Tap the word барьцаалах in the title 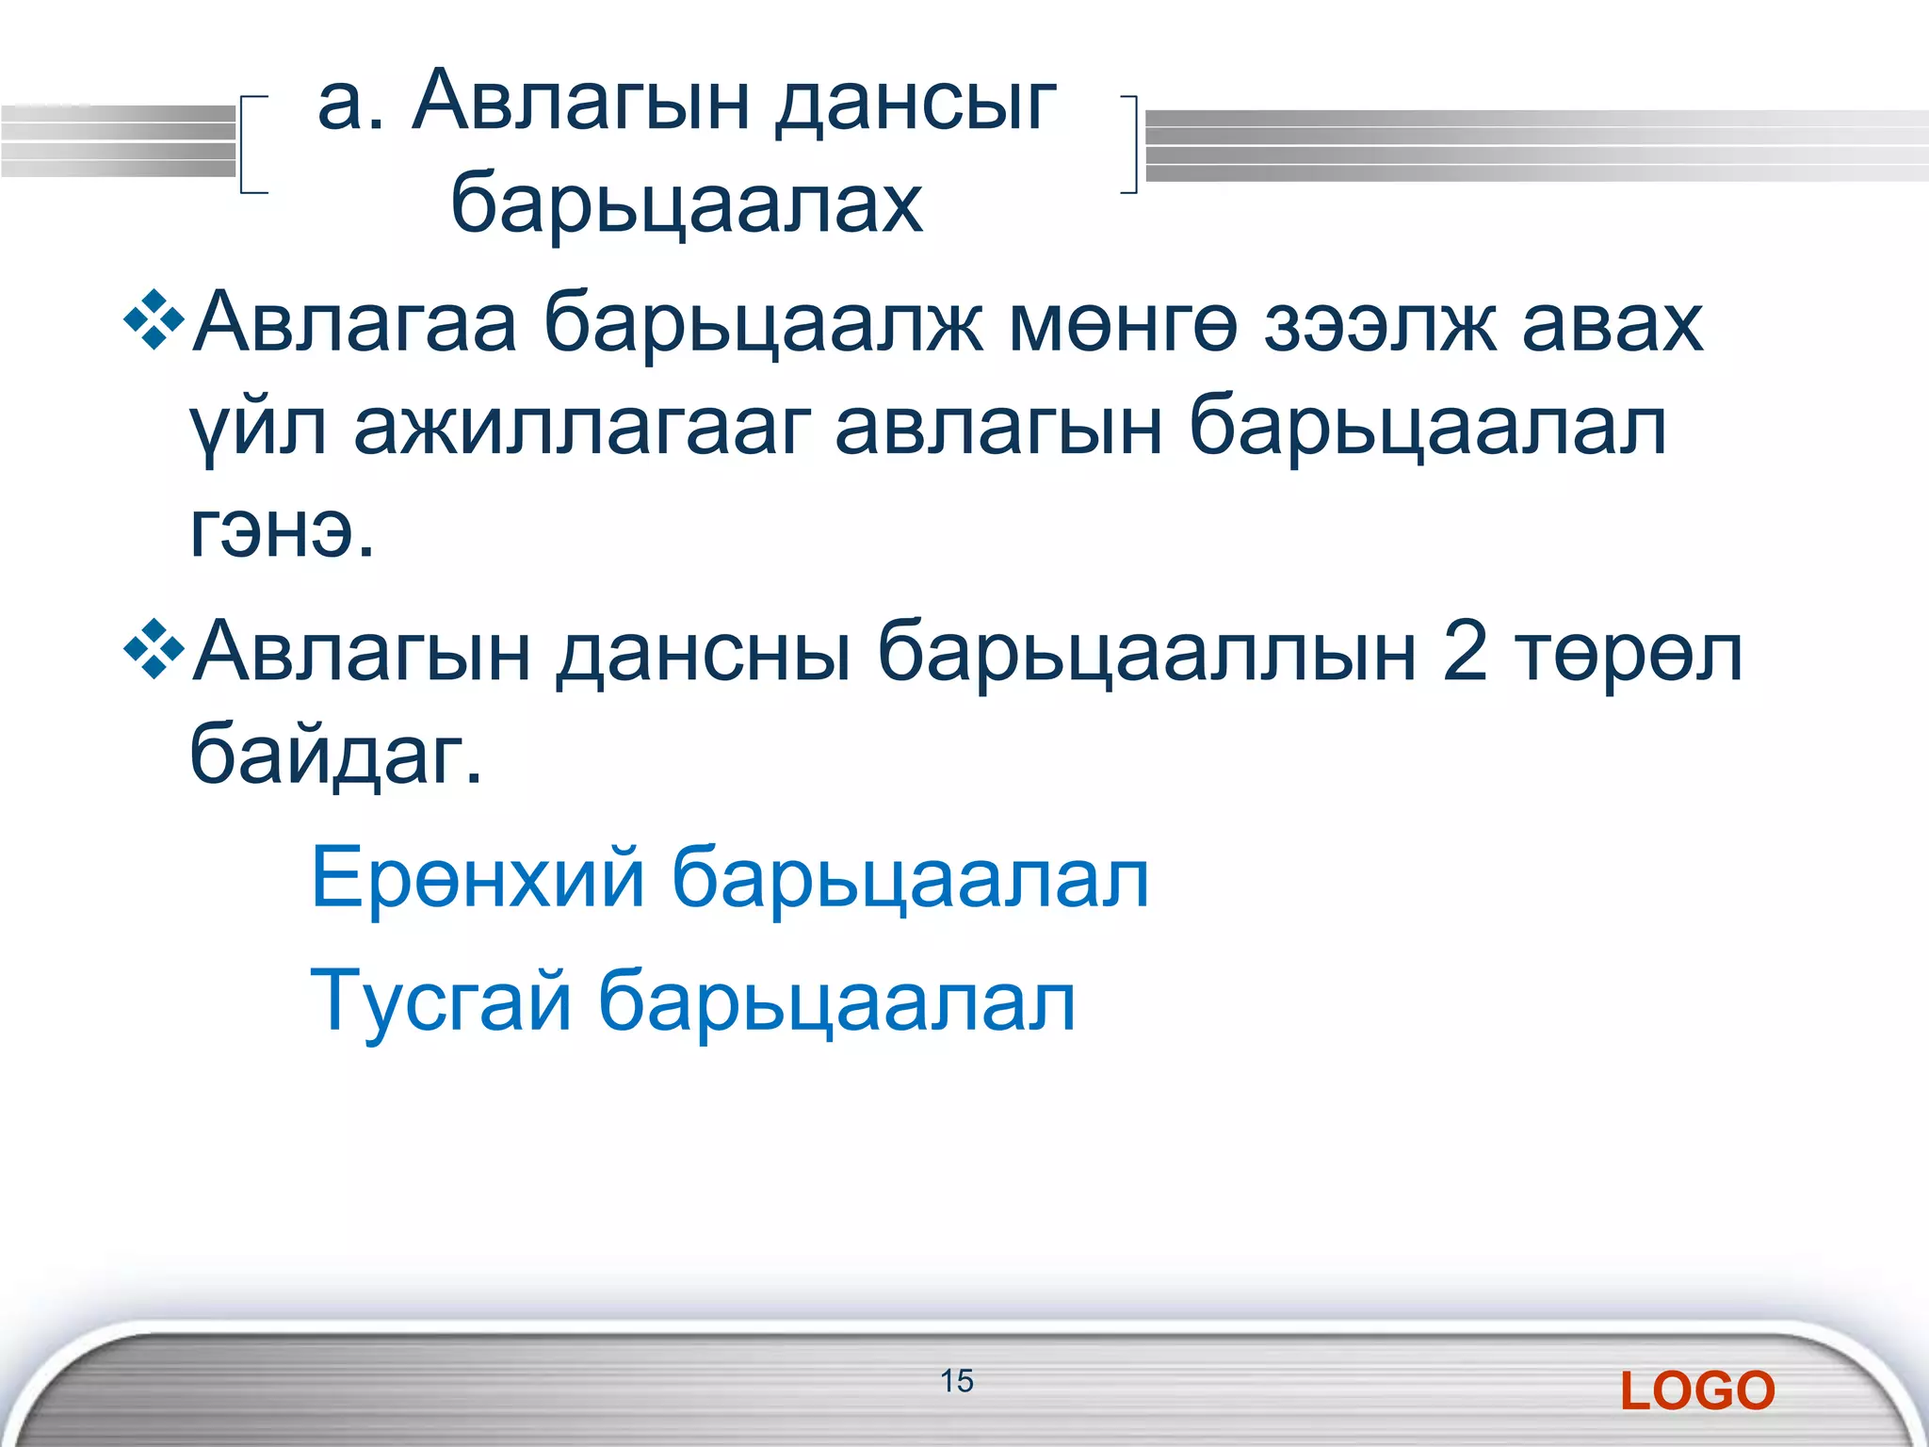pos(687,203)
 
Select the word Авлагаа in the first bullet pos(354,323)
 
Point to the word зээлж pos(1380,323)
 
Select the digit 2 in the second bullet pos(1465,652)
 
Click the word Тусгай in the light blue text pos(441,1000)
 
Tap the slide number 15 pos(956,1381)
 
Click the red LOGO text pos(1697,1391)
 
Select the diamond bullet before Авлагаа pos(154,322)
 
